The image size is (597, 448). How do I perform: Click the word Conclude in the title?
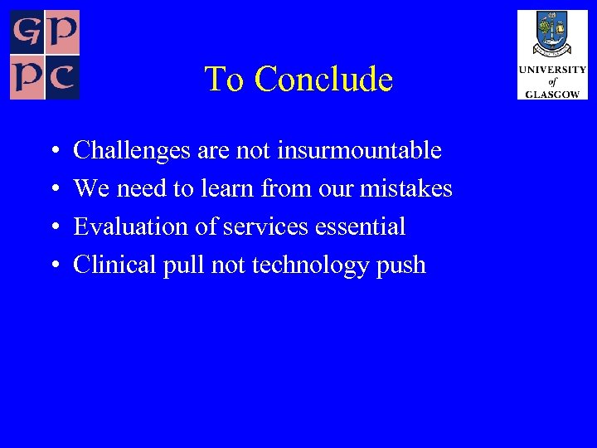[x=323, y=80]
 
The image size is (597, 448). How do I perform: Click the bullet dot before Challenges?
[x=53, y=153]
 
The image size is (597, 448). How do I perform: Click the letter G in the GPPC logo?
[x=27, y=32]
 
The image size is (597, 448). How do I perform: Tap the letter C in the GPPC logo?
[x=63, y=80]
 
